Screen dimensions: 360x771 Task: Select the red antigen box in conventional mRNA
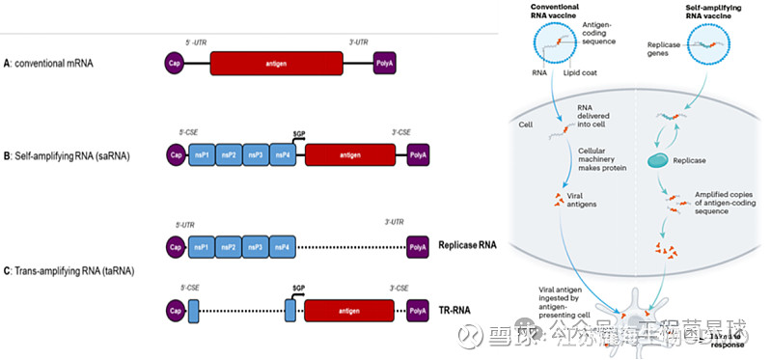click(x=276, y=65)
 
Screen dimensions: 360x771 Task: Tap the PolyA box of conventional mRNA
click(x=385, y=65)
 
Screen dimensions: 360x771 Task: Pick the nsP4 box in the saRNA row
click(x=283, y=155)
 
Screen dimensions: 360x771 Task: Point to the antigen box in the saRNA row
click(x=349, y=155)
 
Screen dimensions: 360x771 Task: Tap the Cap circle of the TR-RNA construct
click(x=176, y=311)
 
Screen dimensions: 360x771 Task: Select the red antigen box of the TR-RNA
click(x=349, y=311)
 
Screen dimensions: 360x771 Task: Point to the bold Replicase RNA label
click(x=467, y=245)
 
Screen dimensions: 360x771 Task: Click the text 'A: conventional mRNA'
click(x=55, y=65)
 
